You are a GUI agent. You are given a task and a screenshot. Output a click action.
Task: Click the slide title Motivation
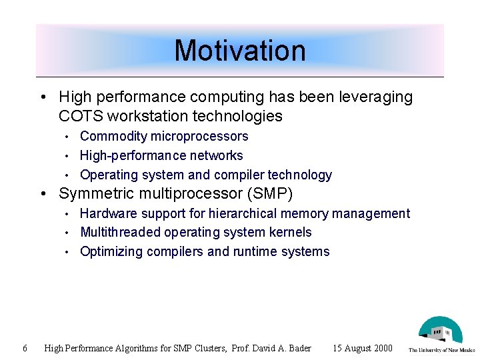(x=239, y=51)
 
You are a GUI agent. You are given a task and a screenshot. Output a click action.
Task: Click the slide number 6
(x=25, y=348)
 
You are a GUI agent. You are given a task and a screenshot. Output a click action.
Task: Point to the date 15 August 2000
(x=363, y=348)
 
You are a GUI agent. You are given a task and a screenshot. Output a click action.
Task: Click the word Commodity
(x=113, y=137)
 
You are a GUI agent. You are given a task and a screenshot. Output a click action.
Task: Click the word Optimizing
(x=109, y=252)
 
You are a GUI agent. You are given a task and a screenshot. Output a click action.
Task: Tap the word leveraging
(x=377, y=97)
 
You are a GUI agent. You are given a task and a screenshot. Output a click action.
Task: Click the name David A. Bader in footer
(x=283, y=348)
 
